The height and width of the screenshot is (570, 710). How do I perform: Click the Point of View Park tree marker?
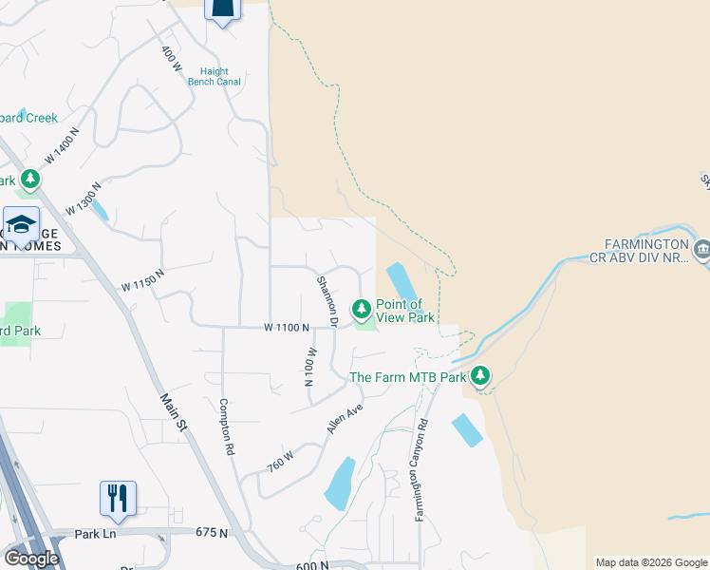click(361, 309)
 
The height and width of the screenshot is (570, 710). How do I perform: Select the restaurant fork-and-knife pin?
click(118, 498)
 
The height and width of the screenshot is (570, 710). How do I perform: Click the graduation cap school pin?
click(21, 225)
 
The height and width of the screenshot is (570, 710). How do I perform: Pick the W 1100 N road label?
click(288, 328)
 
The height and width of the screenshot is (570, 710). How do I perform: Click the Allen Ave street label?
click(346, 419)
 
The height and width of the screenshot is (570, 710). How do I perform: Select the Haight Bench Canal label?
click(220, 77)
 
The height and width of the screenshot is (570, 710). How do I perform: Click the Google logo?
click(31, 558)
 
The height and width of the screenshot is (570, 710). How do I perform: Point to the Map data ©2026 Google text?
click(651, 562)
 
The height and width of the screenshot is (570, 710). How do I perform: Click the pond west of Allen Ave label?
click(339, 484)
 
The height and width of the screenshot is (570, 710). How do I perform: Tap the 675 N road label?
click(212, 533)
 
